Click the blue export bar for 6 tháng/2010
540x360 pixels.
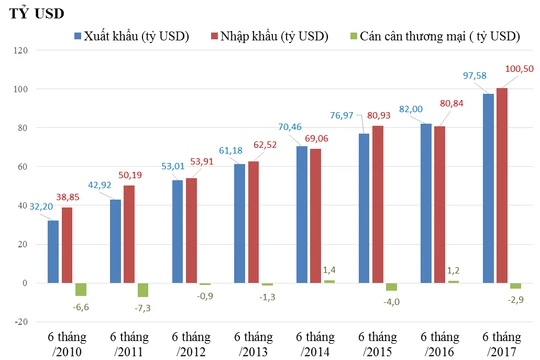coord(53,251)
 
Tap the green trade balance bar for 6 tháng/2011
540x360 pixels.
coord(143,290)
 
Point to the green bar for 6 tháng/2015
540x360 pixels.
coord(391,287)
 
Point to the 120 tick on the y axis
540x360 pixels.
coord(19,50)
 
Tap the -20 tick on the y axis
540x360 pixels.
coord(19,322)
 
